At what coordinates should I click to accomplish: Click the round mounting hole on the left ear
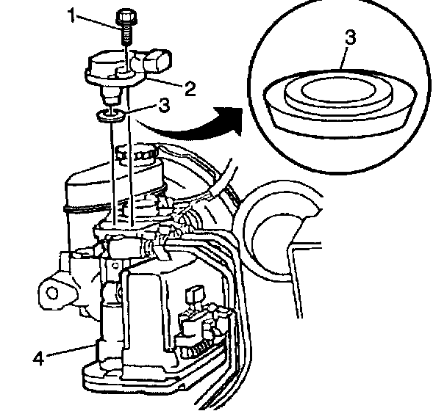pyautogui.click(x=52, y=294)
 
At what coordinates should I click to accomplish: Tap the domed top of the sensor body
pyautogui.click(x=114, y=59)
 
